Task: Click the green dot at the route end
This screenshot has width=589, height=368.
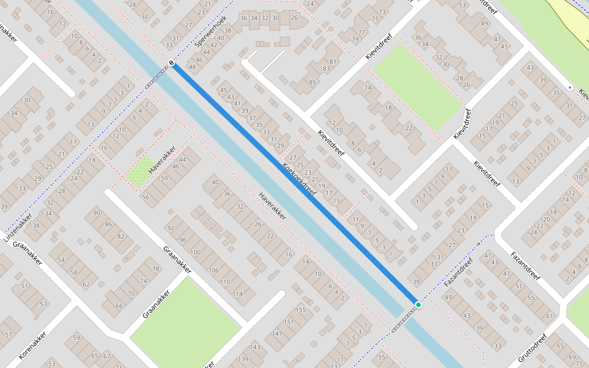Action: click(x=418, y=304)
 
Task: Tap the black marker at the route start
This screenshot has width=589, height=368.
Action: click(x=172, y=63)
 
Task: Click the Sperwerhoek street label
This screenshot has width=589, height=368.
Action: click(x=210, y=32)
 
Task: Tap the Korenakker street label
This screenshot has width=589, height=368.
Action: click(x=33, y=347)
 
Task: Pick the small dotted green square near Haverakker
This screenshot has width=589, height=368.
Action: click(x=141, y=172)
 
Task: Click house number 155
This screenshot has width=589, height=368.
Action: click(x=301, y=310)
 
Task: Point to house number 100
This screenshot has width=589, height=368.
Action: click(x=196, y=252)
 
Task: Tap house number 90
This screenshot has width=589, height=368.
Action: click(x=96, y=213)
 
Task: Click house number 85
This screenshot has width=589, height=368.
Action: click(x=312, y=82)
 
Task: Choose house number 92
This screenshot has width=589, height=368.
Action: click(x=171, y=228)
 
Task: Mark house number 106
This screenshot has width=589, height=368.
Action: click(x=214, y=270)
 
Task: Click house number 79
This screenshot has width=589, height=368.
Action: click(x=355, y=40)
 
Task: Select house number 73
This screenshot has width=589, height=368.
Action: click(x=382, y=12)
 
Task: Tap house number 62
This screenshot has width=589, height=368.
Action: click(x=87, y=284)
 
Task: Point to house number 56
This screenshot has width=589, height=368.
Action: click(x=145, y=197)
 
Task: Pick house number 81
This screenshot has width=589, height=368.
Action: click(x=333, y=61)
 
